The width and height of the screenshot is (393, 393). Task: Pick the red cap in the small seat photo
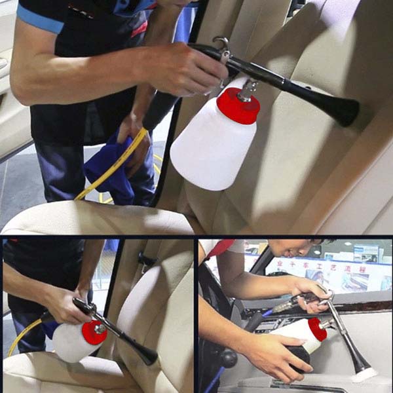94,333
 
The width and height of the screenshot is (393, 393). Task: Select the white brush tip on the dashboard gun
364,375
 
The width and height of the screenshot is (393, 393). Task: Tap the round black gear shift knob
229,358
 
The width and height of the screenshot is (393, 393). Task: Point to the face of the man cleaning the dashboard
291,248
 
